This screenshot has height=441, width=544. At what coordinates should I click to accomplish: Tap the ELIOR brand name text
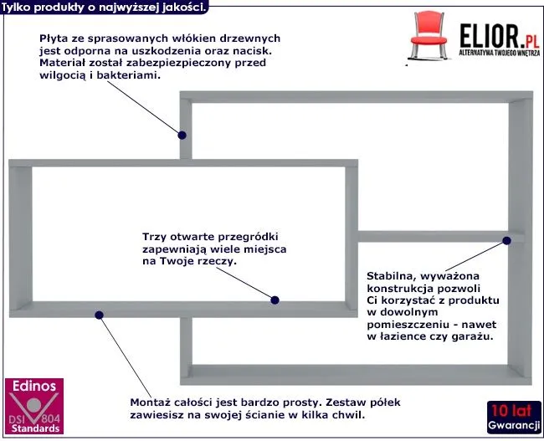[485, 33]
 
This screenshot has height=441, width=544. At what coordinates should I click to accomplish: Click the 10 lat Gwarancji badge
[512, 416]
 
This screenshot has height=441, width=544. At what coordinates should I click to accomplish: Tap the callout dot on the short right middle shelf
[506, 240]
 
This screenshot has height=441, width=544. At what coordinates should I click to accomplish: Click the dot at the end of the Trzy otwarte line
[275, 299]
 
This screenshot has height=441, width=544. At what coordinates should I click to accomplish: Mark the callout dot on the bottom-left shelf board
[100, 315]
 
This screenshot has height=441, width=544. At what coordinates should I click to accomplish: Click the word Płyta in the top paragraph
[52, 38]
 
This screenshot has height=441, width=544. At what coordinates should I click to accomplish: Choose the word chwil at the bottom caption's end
[350, 414]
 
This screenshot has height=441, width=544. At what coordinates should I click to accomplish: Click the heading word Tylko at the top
[18, 6]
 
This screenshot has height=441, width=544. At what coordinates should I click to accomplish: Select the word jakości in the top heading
[183, 6]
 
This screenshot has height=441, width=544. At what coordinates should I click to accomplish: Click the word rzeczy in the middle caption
[215, 261]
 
